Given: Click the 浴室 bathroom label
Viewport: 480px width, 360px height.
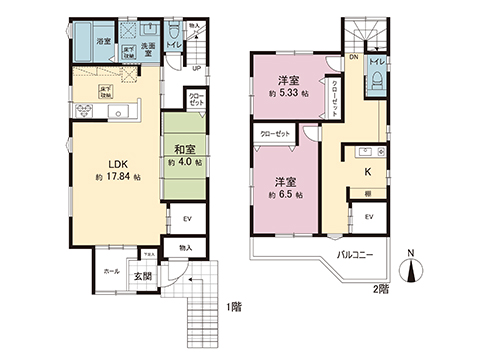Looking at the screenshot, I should pyautogui.click(x=103, y=43).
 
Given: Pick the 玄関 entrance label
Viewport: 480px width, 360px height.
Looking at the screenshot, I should pyautogui.click(x=145, y=276).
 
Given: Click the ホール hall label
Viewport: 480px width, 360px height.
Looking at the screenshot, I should pyautogui.click(x=110, y=270).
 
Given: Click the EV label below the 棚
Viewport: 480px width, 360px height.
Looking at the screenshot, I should pyautogui.click(x=369, y=216).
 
